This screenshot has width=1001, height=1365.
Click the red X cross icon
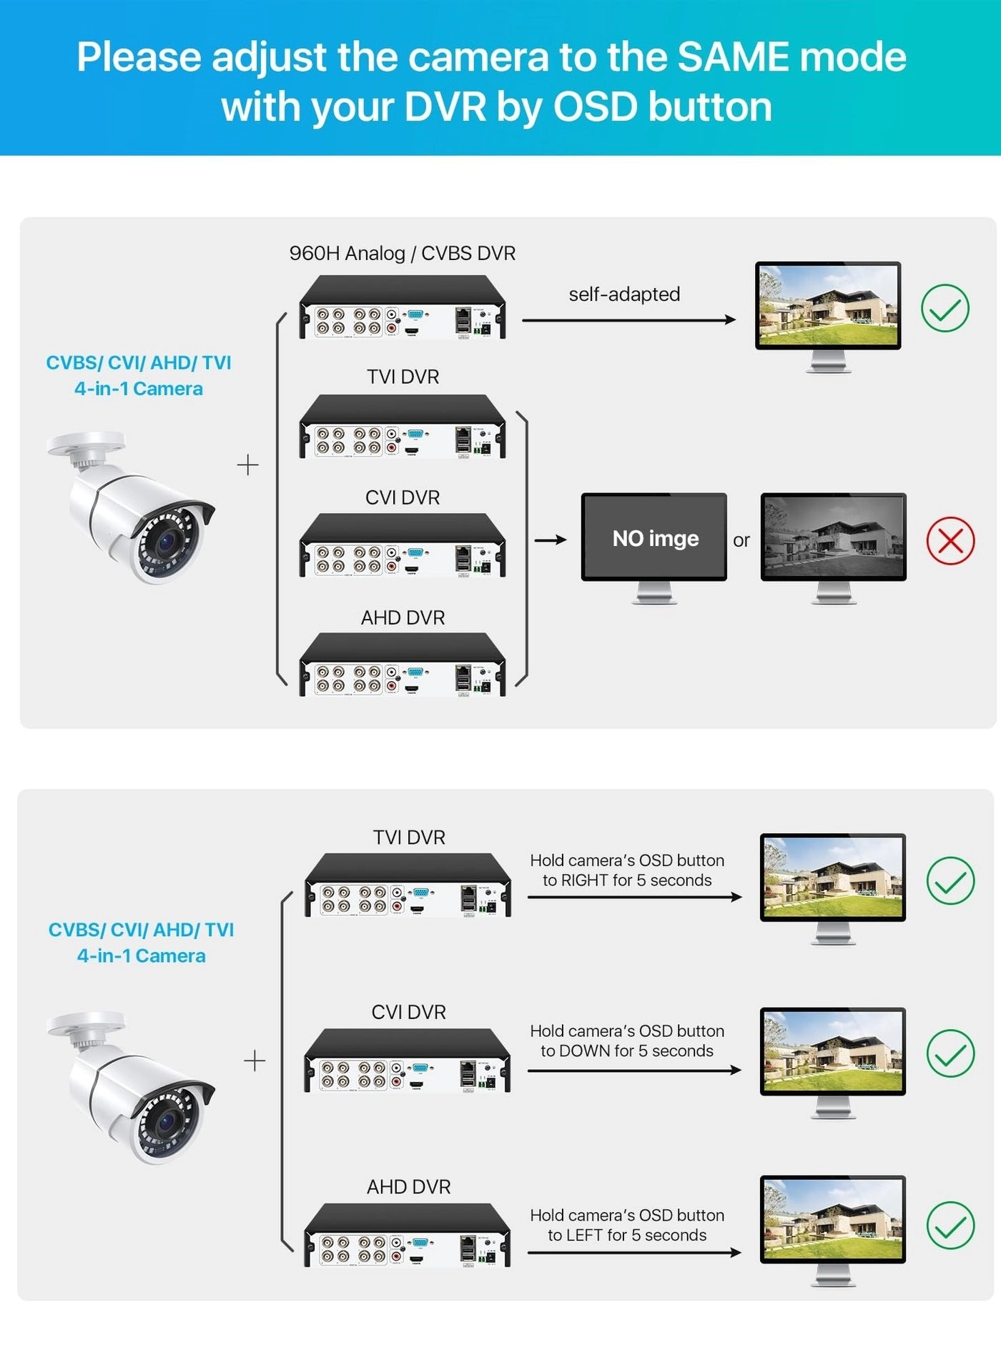click(x=950, y=540)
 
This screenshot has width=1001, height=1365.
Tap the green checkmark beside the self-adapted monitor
click(x=945, y=308)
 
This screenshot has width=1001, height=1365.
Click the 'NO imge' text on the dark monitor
click(x=655, y=538)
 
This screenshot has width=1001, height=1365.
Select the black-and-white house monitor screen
click(x=833, y=537)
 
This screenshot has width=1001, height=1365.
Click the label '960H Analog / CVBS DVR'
click(x=402, y=254)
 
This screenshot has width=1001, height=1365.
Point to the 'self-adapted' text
click(x=624, y=294)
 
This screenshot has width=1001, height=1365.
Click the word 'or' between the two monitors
click(x=741, y=540)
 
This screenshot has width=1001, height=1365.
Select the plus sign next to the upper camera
click(x=247, y=465)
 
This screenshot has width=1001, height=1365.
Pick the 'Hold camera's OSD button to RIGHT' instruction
click(x=627, y=870)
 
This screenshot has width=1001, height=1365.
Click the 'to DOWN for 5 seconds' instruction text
click(x=627, y=1051)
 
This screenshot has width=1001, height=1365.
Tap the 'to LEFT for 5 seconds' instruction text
click(x=627, y=1235)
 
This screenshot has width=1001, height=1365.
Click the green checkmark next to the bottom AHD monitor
click(x=950, y=1226)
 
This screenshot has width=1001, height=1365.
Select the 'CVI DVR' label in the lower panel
click(x=408, y=1012)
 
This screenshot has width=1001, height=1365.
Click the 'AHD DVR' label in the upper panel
click(x=403, y=617)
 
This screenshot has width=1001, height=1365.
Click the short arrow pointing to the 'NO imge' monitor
click(x=551, y=540)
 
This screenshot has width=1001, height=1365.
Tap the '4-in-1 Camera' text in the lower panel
click(x=141, y=956)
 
